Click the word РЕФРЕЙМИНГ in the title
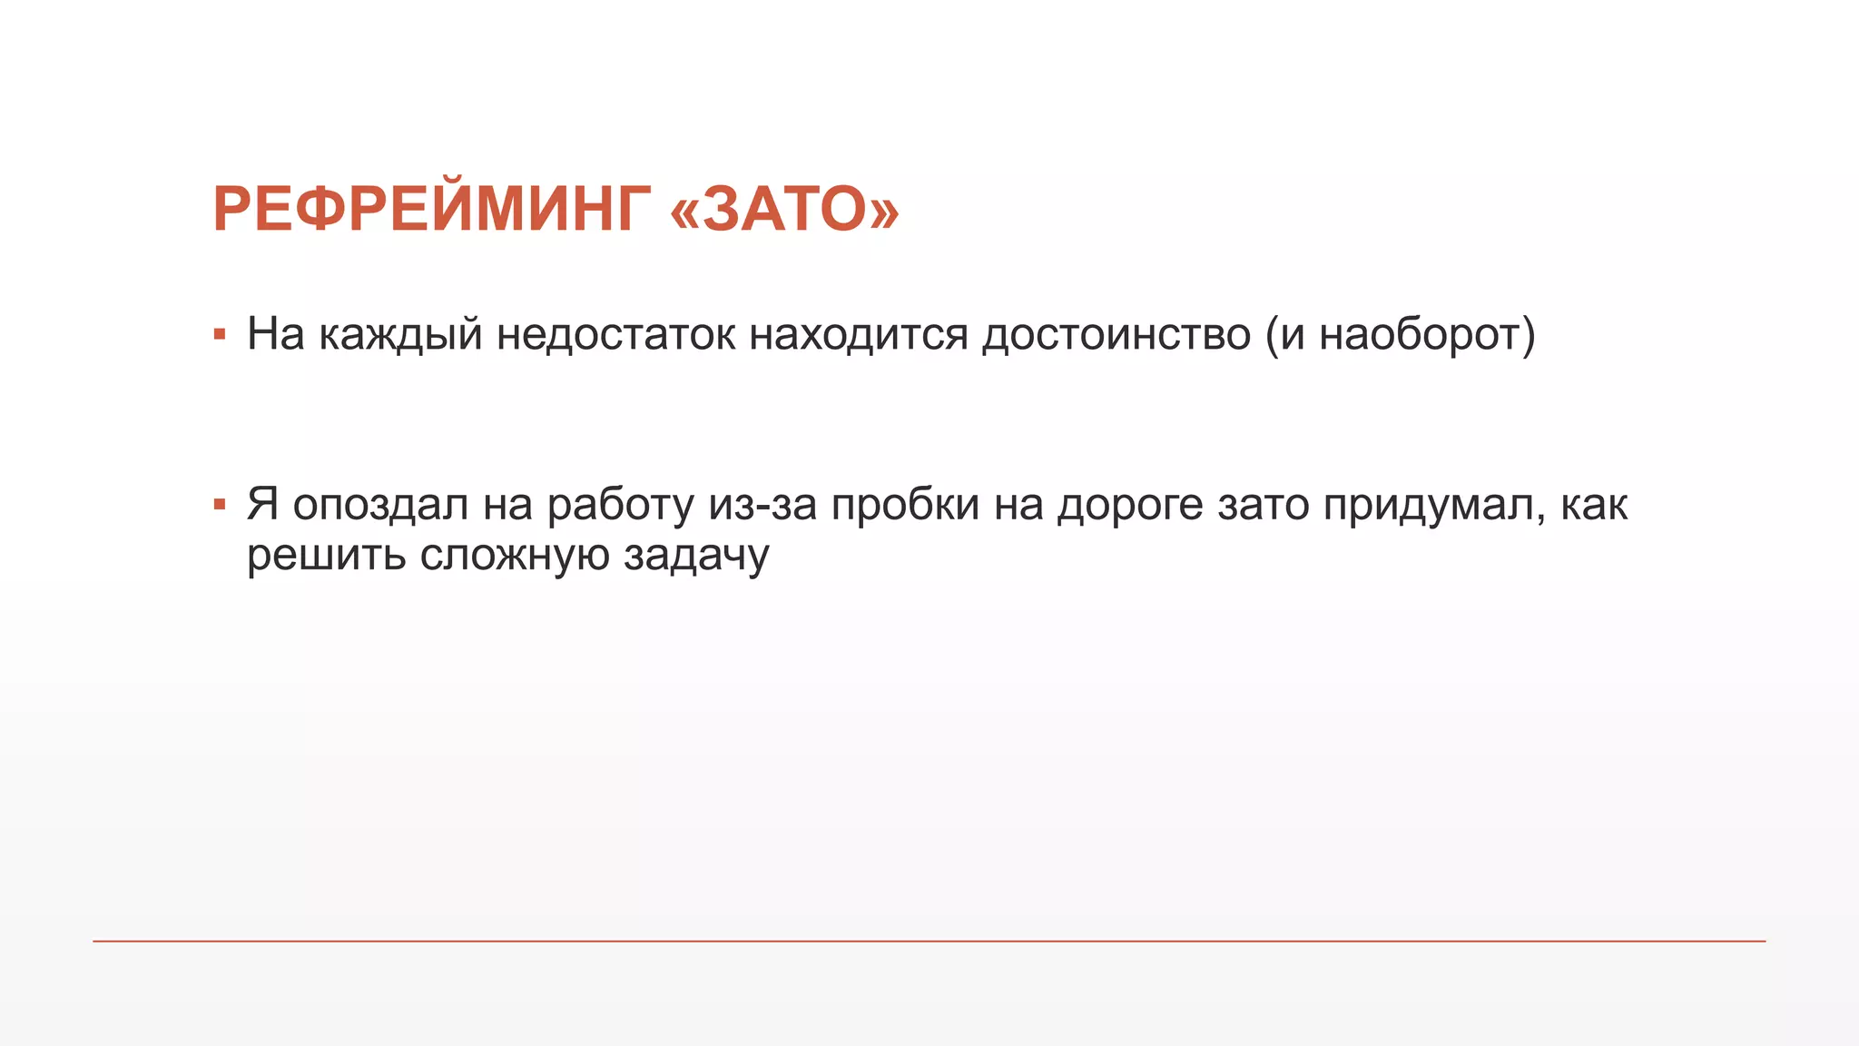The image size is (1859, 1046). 431,210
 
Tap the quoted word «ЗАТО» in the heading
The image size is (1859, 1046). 784,210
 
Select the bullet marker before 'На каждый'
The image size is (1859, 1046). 219,335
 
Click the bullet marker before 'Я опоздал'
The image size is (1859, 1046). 219,505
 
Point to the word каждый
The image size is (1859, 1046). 400,335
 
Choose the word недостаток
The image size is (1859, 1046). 616,335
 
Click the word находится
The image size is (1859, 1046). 859,335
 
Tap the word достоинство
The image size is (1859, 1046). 1116,335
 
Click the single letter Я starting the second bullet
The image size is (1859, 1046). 262,505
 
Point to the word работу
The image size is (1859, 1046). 621,505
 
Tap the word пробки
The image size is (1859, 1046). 905,505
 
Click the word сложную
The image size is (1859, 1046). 514,556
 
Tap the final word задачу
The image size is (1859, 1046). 696,556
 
